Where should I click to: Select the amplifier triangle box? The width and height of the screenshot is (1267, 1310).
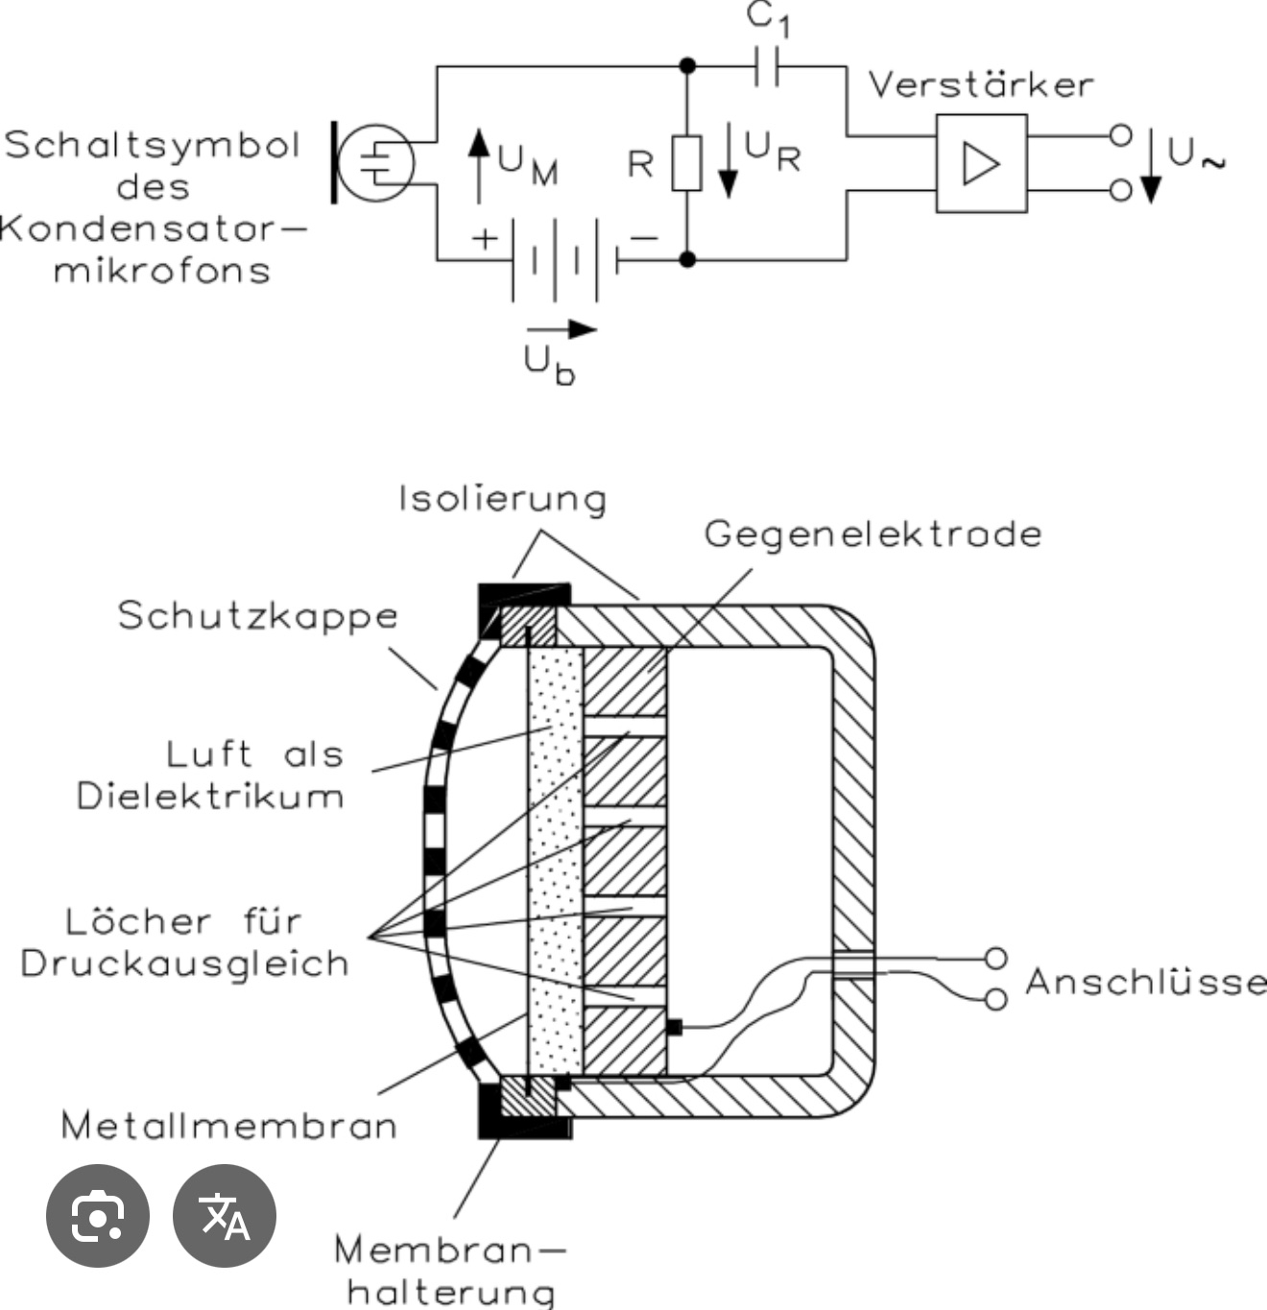coord(981,163)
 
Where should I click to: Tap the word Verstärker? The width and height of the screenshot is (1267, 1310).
coord(980,85)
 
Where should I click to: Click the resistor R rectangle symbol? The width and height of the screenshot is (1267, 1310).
coord(686,163)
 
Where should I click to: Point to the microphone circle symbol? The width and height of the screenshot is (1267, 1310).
coord(378,163)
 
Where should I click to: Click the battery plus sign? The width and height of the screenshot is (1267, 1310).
coord(485,238)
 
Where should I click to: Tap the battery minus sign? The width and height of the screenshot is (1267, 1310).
coord(643,238)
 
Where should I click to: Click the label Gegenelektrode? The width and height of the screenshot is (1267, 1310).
coord(873,534)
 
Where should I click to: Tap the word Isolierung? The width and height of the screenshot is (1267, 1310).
coord(503,499)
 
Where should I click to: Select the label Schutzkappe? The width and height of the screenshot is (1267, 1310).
coord(257,616)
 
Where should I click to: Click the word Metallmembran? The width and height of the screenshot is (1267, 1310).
coord(228,1125)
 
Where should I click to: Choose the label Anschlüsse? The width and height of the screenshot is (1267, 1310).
coord(1145,982)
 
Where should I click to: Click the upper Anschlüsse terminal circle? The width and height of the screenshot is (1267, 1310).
coord(996,958)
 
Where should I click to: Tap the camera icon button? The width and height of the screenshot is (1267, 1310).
coord(98,1216)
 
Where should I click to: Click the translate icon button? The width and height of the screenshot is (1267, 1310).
coord(225,1216)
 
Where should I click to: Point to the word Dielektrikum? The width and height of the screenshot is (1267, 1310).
coord(210,797)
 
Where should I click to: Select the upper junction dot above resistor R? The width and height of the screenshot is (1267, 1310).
coord(687,66)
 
